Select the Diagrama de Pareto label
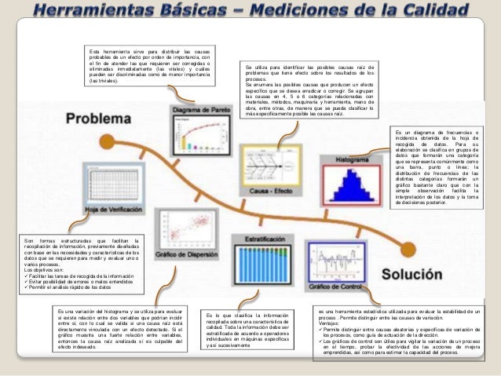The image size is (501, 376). (x=197, y=111)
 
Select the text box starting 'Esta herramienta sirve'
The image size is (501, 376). (x=149, y=66)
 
